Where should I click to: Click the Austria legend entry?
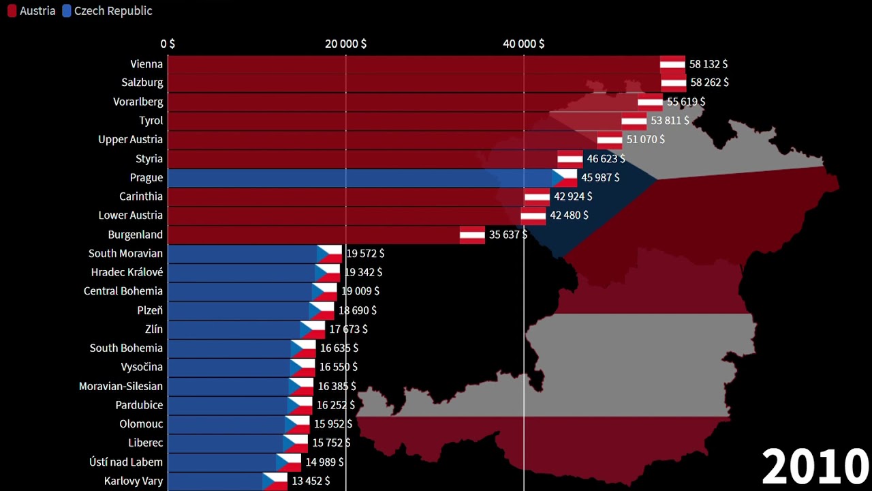(31, 11)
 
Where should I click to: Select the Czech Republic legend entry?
(107, 11)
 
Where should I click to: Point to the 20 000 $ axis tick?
(345, 44)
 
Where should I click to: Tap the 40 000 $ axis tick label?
(523, 44)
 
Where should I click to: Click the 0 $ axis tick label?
(168, 44)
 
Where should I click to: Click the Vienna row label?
(146, 64)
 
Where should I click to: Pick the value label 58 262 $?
(709, 83)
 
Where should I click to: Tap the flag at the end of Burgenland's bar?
(472, 235)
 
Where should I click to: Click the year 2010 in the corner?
(815, 467)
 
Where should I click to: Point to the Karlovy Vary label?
(134, 481)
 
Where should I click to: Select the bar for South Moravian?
(242, 254)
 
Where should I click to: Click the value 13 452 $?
(311, 481)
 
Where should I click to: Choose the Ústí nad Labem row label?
(126, 462)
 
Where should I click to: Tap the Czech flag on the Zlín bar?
(313, 329)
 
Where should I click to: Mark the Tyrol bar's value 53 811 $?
(670, 121)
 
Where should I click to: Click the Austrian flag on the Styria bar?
(570, 159)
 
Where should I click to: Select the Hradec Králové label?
(127, 272)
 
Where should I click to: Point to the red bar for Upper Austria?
(381, 140)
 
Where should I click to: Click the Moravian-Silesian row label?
(121, 386)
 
